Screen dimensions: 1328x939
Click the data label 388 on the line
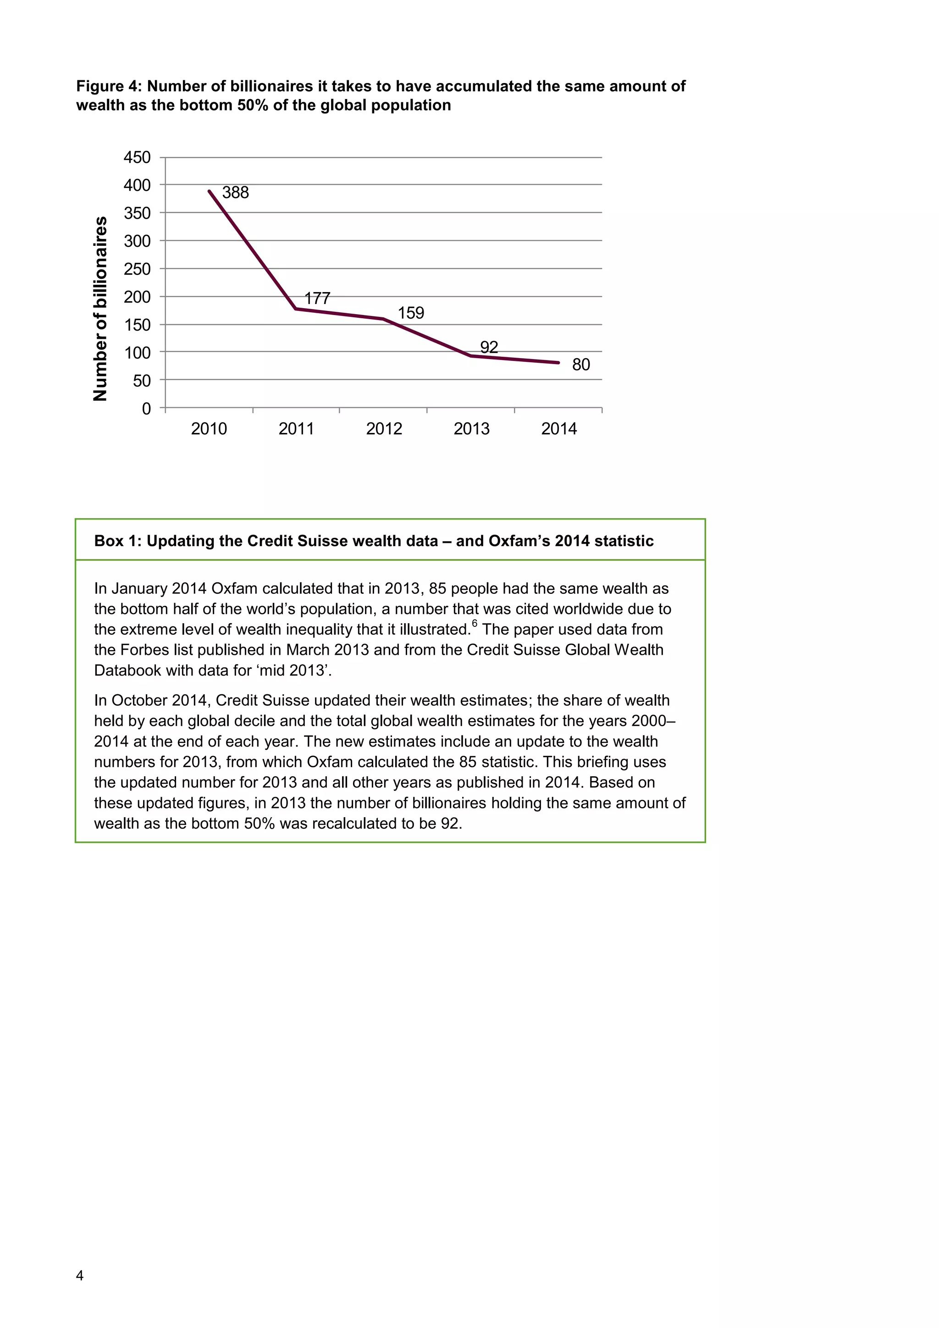coord(235,193)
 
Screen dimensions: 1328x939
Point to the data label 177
coord(317,299)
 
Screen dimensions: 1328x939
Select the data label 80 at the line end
coord(580,365)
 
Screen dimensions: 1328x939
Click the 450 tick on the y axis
coord(137,157)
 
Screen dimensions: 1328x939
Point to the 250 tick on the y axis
coord(137,269)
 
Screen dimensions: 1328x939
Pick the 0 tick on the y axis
coord(146,409)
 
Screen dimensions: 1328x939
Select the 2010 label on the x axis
coord(209,429)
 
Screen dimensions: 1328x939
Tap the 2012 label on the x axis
coord(384,429)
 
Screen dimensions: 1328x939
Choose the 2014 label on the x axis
coord(558,429)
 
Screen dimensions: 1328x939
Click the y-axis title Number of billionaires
coord(100,308)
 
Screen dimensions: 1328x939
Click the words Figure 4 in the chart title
coord(108,87)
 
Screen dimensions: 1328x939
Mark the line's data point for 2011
coord(296,309)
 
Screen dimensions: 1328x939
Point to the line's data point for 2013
coord(471,356)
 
